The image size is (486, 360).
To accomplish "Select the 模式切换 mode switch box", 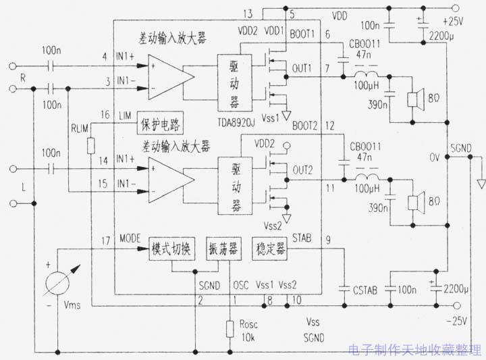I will point(172,249).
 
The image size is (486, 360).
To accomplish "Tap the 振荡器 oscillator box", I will point(222,249).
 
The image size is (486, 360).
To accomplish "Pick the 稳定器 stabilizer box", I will point(269,249).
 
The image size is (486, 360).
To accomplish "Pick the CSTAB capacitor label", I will point(365,290).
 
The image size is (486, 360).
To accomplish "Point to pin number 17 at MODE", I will point(105,240).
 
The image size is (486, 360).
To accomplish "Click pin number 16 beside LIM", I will point(105,115).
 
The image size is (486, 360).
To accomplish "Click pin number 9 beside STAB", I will point(327,238).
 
